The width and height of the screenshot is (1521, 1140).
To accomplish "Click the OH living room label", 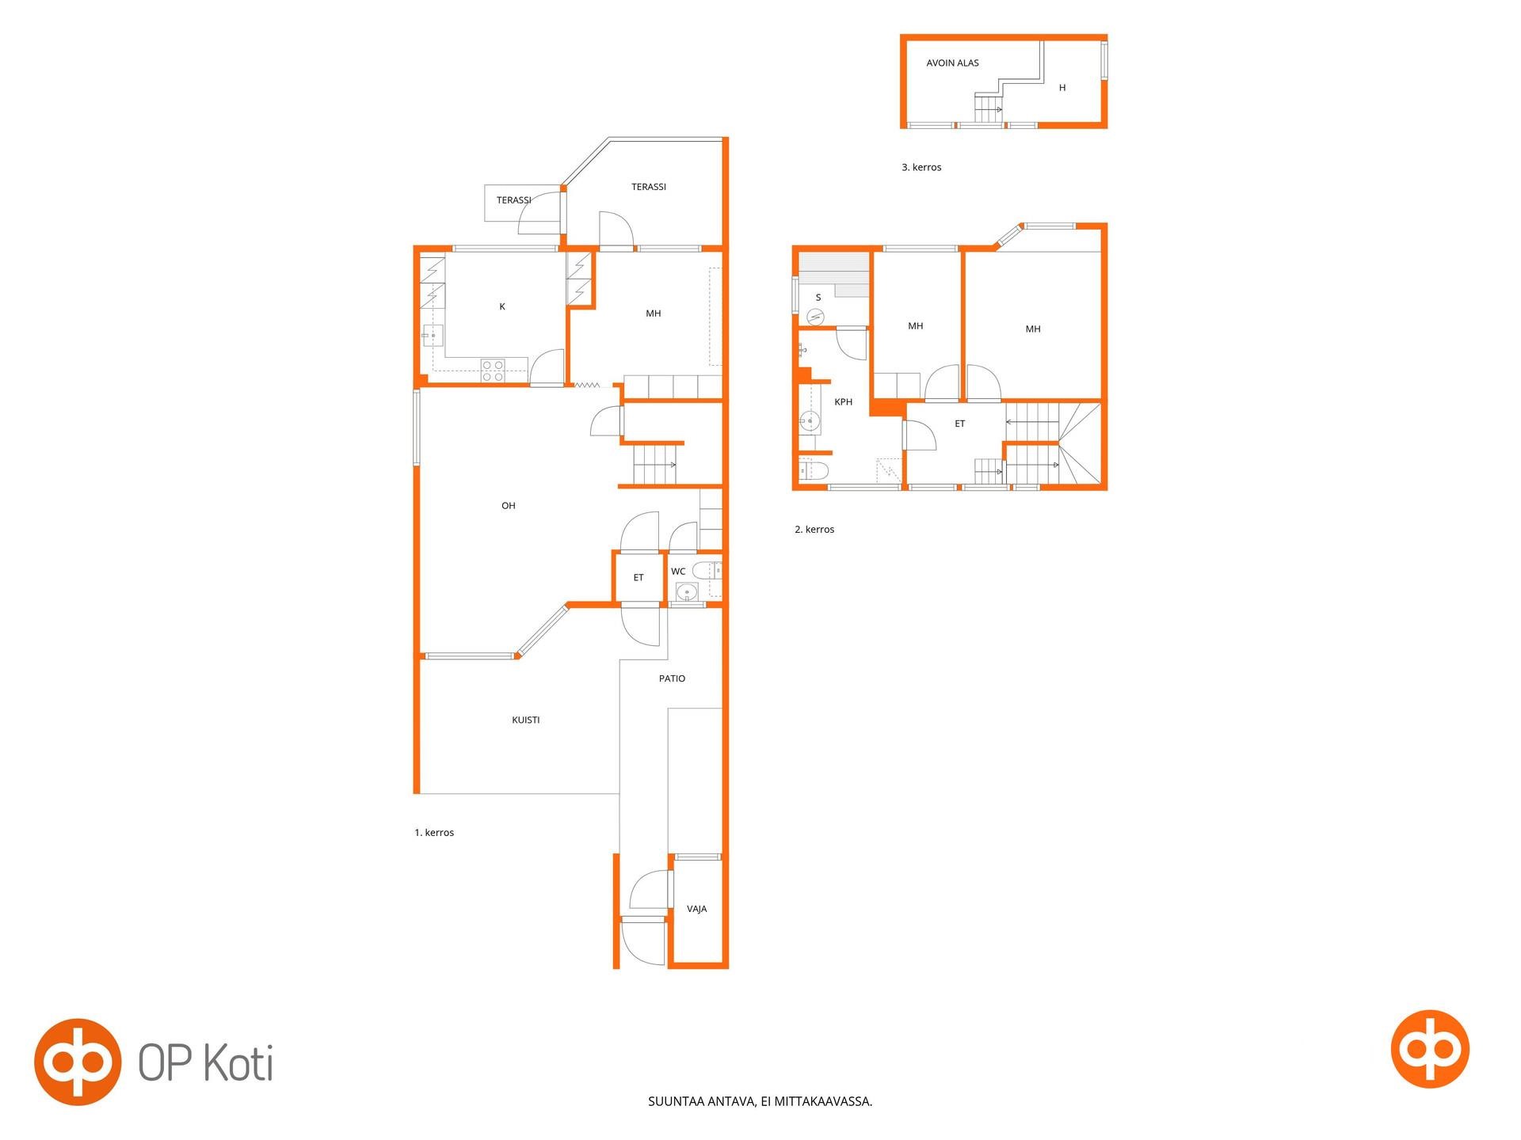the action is click(x=509, y=506).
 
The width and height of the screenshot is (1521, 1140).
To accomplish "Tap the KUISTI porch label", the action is click(x=526, y=720).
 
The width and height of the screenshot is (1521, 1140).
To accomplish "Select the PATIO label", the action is click(x=672, y=678).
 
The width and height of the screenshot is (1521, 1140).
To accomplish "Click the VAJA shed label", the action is click(x=697, y=909).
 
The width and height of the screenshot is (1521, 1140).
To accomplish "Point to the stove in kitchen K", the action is click(x=493, y=370).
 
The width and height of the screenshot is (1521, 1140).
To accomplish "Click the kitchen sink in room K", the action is click(x=432, y=336).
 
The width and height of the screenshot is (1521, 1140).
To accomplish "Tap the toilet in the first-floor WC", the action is click(x=706, y=569).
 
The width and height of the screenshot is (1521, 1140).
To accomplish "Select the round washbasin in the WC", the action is click(x=687, y=591).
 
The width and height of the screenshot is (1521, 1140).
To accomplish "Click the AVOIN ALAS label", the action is click(x=953, y=63).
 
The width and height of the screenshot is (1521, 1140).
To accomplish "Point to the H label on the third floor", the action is click(x=1062, y=88).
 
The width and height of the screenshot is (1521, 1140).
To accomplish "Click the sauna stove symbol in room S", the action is click(x=816, y=317).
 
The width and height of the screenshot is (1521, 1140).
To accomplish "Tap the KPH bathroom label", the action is click(x=844, y=402).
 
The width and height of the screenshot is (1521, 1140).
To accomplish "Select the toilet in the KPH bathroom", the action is click(x=814, y=472).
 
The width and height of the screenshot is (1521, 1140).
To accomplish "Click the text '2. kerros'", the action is click(x=814, y=530).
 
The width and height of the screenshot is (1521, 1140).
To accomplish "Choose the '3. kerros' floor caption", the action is click(x=921, y=168).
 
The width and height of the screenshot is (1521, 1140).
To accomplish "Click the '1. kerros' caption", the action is click(x=434, y=833).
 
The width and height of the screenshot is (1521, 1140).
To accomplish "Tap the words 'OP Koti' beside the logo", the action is click(x=206, y=1062).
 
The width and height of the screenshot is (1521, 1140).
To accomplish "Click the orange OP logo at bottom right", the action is click(x=1430, y=1049).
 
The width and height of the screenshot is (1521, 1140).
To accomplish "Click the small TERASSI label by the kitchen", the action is click(x=514, y=200).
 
